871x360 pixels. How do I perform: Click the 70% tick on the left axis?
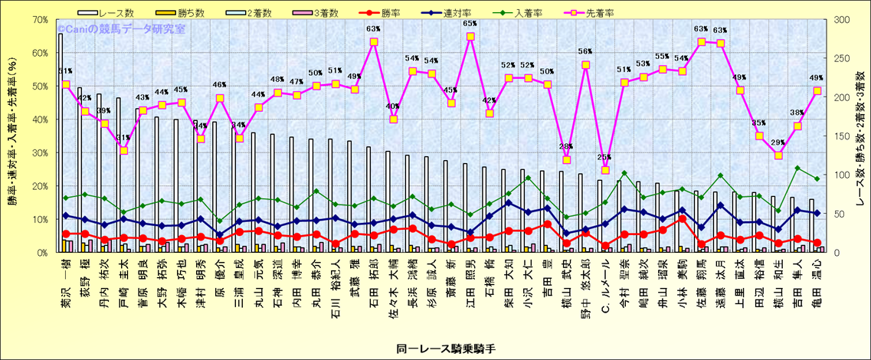38,19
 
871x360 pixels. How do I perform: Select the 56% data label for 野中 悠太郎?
586,52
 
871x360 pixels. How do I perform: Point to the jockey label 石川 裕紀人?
335,283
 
